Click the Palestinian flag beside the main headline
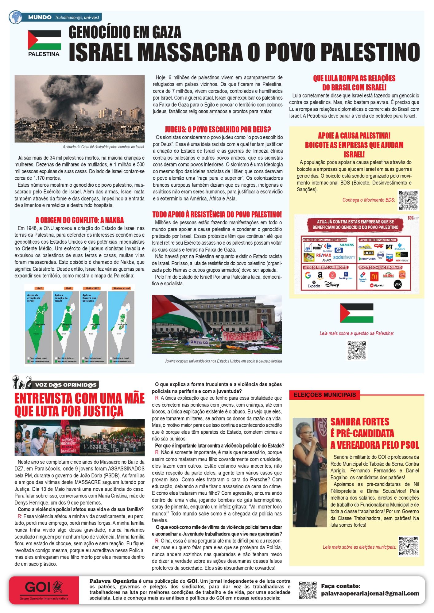(x=45, y=40)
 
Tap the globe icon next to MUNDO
(x=15, y=17)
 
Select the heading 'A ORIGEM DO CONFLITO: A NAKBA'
(x=79, y=220)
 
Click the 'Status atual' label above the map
(x=122, y=288)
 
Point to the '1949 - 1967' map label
(x=93, y=288)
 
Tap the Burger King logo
(x=402, y=275)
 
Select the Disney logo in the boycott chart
(x=332, y=285)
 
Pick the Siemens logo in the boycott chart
(x=347, y=245)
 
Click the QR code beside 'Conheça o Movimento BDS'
(x=408, y=200)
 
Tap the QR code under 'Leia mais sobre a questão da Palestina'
(x=357, y=350)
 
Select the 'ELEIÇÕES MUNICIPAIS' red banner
(x=324, y=395)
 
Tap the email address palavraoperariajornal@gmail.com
(x=370, y=593)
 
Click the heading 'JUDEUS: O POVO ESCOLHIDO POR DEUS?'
(x=218, y=129)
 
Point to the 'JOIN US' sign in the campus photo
(x=199, y=342)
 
